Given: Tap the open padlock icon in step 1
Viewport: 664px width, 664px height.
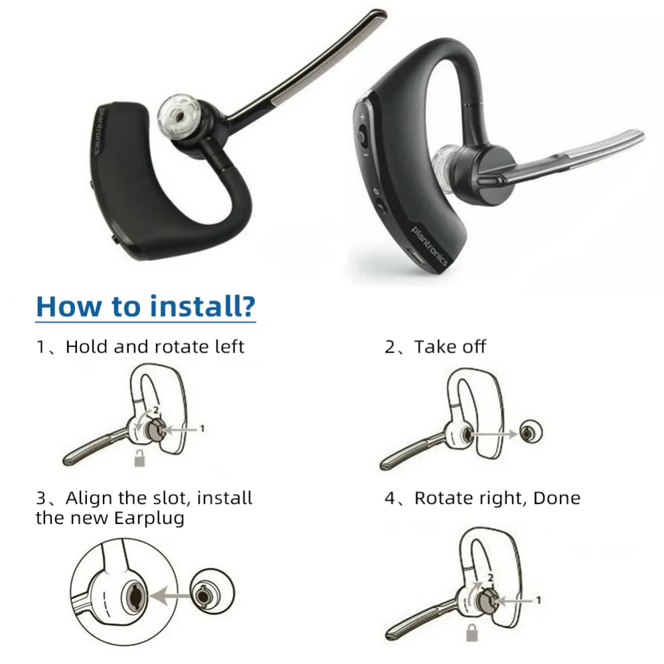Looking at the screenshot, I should click(x=139, y=457).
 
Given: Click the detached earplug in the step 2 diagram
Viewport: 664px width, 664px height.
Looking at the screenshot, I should click(x=529, y=433).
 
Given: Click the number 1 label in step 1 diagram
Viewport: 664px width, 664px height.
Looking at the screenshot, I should click(x=202, y=429).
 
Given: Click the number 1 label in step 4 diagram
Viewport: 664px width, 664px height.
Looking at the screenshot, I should click(x=538, y=600).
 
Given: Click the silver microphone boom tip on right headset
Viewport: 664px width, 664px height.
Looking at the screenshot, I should click(x=631, y=141).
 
